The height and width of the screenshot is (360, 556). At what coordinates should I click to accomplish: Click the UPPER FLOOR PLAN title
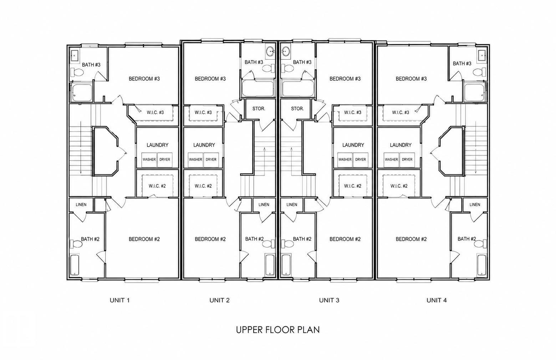point(278,330)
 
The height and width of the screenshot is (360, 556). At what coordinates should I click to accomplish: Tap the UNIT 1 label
point(119,300)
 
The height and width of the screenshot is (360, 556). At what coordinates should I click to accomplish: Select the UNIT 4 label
point(437,300)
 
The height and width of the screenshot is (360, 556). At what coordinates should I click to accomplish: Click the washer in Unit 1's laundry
point(149,159)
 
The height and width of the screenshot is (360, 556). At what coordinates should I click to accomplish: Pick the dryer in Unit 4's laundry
point(407,159)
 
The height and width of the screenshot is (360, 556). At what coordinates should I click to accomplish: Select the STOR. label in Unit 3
point(297,109)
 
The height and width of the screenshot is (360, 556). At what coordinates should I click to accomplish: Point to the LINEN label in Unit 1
point(81,204)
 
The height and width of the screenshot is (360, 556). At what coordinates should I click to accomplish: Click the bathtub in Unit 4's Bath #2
point(481,265)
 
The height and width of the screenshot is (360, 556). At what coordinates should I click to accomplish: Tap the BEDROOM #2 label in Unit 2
point(210,239)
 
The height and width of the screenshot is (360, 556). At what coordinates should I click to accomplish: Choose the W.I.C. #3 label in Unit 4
point(401,112)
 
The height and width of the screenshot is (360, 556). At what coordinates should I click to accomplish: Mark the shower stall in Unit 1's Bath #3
point(82,93)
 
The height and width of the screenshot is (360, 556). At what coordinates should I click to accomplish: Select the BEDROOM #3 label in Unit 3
point(345,79)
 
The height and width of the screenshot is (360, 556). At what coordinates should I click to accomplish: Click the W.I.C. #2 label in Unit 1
point(157,186)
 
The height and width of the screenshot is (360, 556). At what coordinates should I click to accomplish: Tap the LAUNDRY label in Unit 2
point(204,145)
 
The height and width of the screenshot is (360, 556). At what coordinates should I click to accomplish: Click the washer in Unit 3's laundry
point(345,159)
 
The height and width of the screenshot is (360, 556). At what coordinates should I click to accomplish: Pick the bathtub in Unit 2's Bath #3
point(258,88)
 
